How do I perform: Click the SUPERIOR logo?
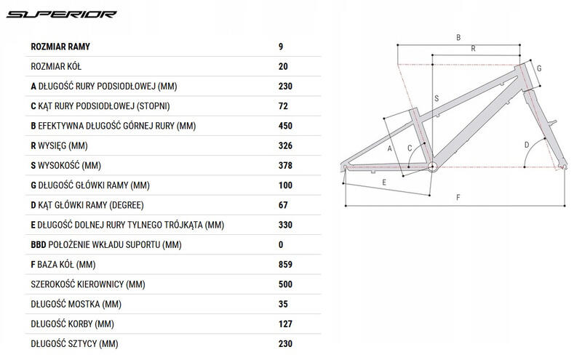click(x=62, y=14)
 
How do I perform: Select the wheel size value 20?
click(x=283, y=66)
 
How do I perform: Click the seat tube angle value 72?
click(x=283, y=106)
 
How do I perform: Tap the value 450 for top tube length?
click(x=285, y=126)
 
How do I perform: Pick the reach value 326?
click(x=285, y=145)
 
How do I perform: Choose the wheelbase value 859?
click(x=285, y=265)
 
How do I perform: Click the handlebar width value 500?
click(x=285, y=284)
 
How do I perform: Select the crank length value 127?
click(x=285, y=324)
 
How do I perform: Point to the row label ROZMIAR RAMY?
click(x=60, y=47)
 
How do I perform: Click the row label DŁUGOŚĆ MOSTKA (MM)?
click(x=76, y=304)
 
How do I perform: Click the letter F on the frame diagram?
click(x=458, y=197)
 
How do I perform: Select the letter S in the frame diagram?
click(x=436, y=98)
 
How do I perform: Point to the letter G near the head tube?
click(x=539, y=68)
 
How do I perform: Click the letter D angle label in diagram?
click(x=526, y=145)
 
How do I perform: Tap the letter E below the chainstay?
click(x=384, y=183)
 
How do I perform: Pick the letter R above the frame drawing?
click(x=474, y=49)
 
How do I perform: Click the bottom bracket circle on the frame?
click(x=432, y=167)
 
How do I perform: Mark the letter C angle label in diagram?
click(x=410, y=148)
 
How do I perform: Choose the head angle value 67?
click(x=283, y=205)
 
